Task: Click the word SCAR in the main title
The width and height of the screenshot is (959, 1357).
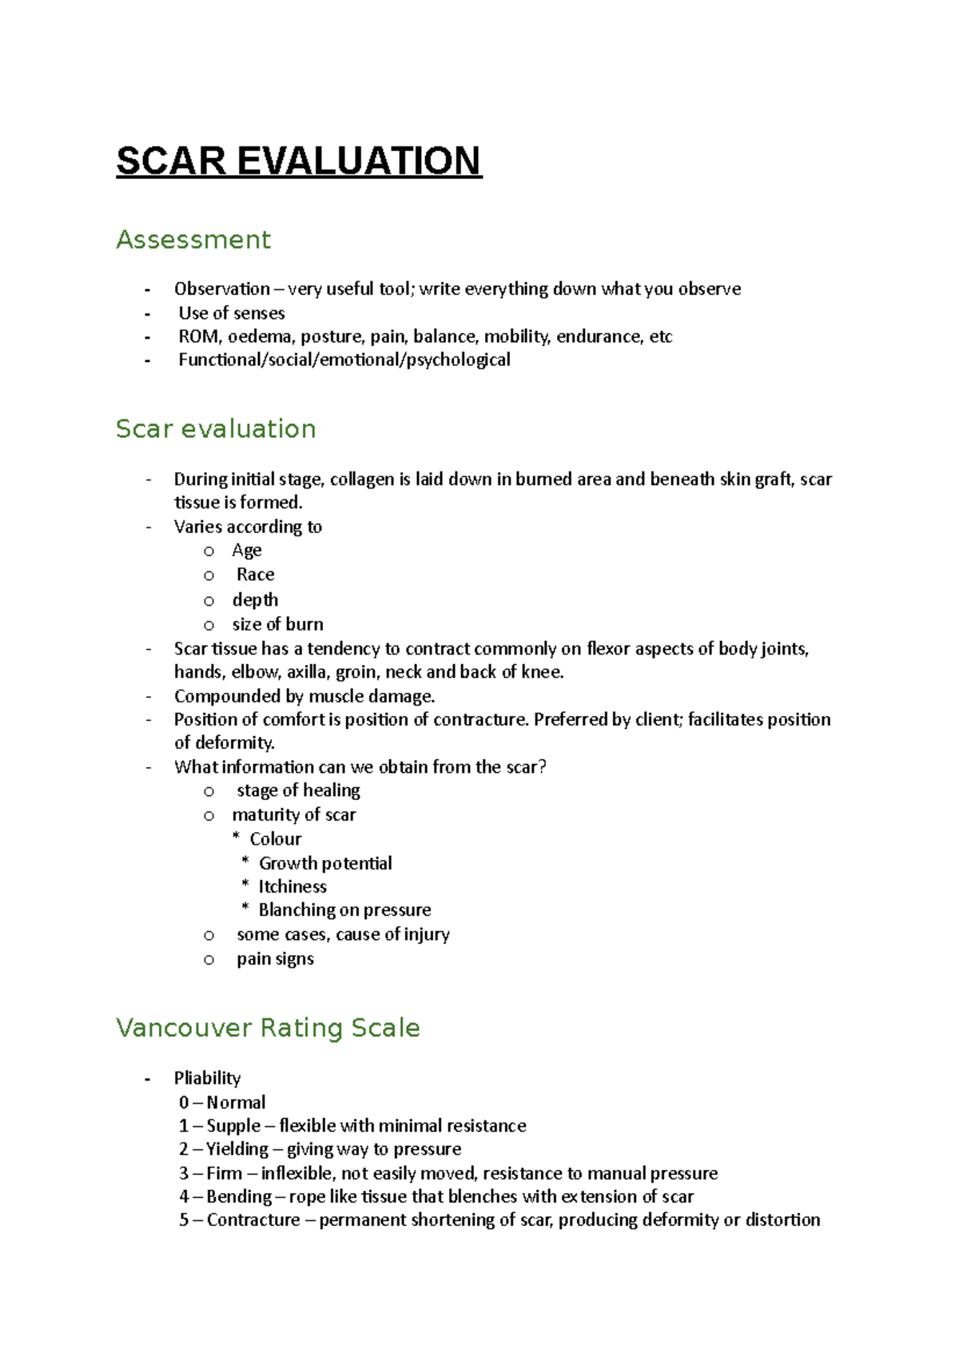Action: [x=171, y=161]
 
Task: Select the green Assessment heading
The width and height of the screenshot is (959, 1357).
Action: [x=193, y=240]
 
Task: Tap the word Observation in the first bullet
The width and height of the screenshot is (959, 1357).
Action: [x=221, y=289]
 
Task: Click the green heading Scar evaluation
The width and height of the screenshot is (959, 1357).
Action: [x=216, y=429]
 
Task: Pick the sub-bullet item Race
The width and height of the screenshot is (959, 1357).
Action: [x=255, y=575]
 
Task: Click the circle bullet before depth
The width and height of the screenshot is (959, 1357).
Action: [x=209, y=601]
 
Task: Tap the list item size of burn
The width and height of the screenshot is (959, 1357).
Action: [x=277, y=624]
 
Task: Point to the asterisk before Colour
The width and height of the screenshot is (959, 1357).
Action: [x=236, y=838]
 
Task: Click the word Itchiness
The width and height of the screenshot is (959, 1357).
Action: [x=292, y=886]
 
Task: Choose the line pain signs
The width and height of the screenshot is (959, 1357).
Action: [x=275, y=959]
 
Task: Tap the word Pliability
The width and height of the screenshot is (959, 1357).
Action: [x=207, y=1078]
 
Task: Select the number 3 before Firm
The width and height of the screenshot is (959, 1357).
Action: [x=184, y=1173]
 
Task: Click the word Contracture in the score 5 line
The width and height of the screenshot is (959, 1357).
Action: [x=253, y=1220]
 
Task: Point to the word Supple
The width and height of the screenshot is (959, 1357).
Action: [x=233, y=1126]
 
